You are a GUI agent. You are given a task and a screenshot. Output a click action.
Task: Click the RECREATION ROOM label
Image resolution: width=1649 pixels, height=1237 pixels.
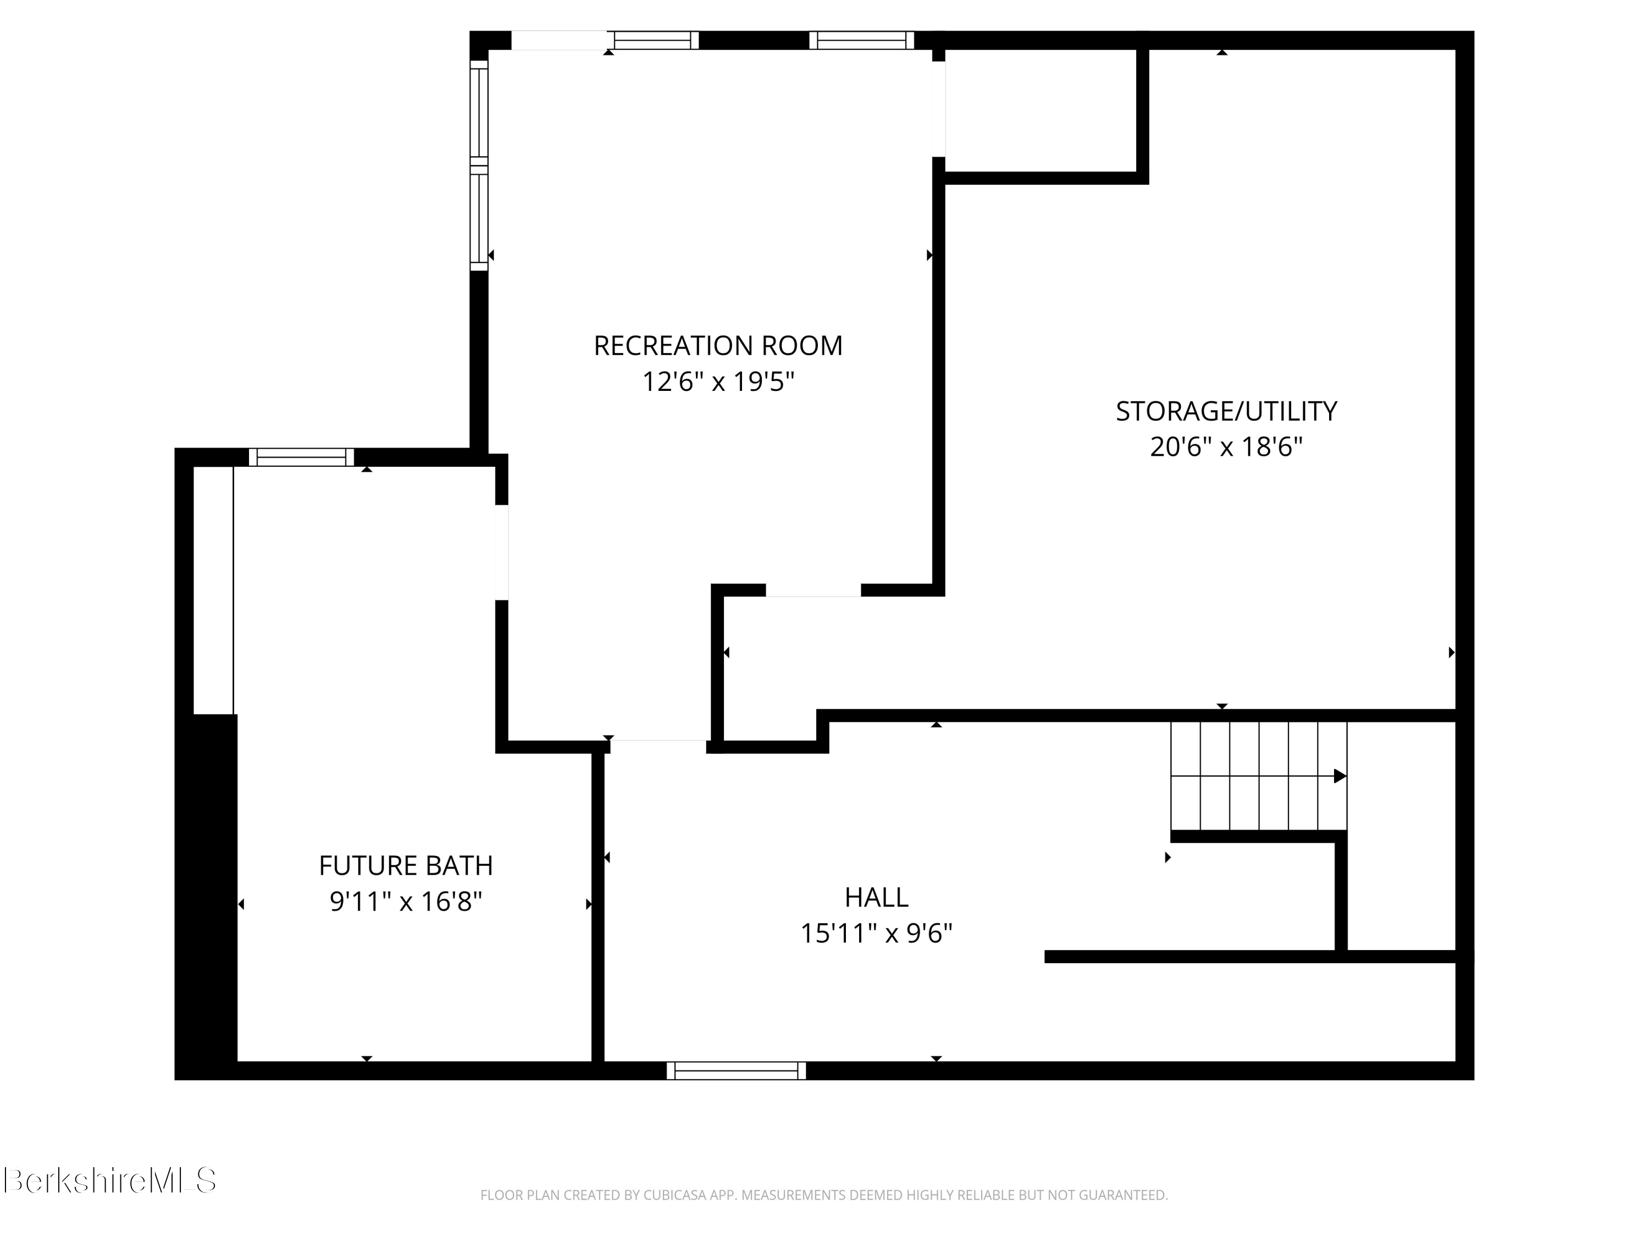[x=717, y=346]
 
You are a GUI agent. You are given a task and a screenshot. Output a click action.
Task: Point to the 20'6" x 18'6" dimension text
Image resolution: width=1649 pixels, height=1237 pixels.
[x=1226, y=448]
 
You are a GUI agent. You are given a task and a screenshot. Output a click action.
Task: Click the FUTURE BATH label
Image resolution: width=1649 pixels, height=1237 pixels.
[x=406, y=866]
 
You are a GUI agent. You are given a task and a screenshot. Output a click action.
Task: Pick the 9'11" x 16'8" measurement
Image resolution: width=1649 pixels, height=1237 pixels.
[x=406, y=902]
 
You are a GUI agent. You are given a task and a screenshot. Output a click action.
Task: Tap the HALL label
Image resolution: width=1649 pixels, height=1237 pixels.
[x=876, y=898]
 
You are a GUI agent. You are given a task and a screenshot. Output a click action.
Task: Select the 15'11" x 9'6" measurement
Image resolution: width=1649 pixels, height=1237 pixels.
[x=876, y=934]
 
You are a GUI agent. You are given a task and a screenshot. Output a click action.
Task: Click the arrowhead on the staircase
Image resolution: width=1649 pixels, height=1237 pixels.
[x=1339, y=776]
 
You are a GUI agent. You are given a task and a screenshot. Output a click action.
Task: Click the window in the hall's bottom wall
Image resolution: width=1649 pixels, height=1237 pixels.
[x=736, y=1071]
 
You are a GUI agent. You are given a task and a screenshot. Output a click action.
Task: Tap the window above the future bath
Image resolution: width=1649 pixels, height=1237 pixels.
[x=301, y=457]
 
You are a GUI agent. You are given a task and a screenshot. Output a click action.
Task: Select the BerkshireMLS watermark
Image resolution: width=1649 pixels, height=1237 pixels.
[x=109, y=1181]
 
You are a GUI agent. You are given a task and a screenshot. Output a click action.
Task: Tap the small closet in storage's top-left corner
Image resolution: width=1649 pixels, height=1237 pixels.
[x=1040, y=111]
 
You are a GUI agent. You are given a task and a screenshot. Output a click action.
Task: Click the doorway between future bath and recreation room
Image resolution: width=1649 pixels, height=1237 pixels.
[x=502, y=552]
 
